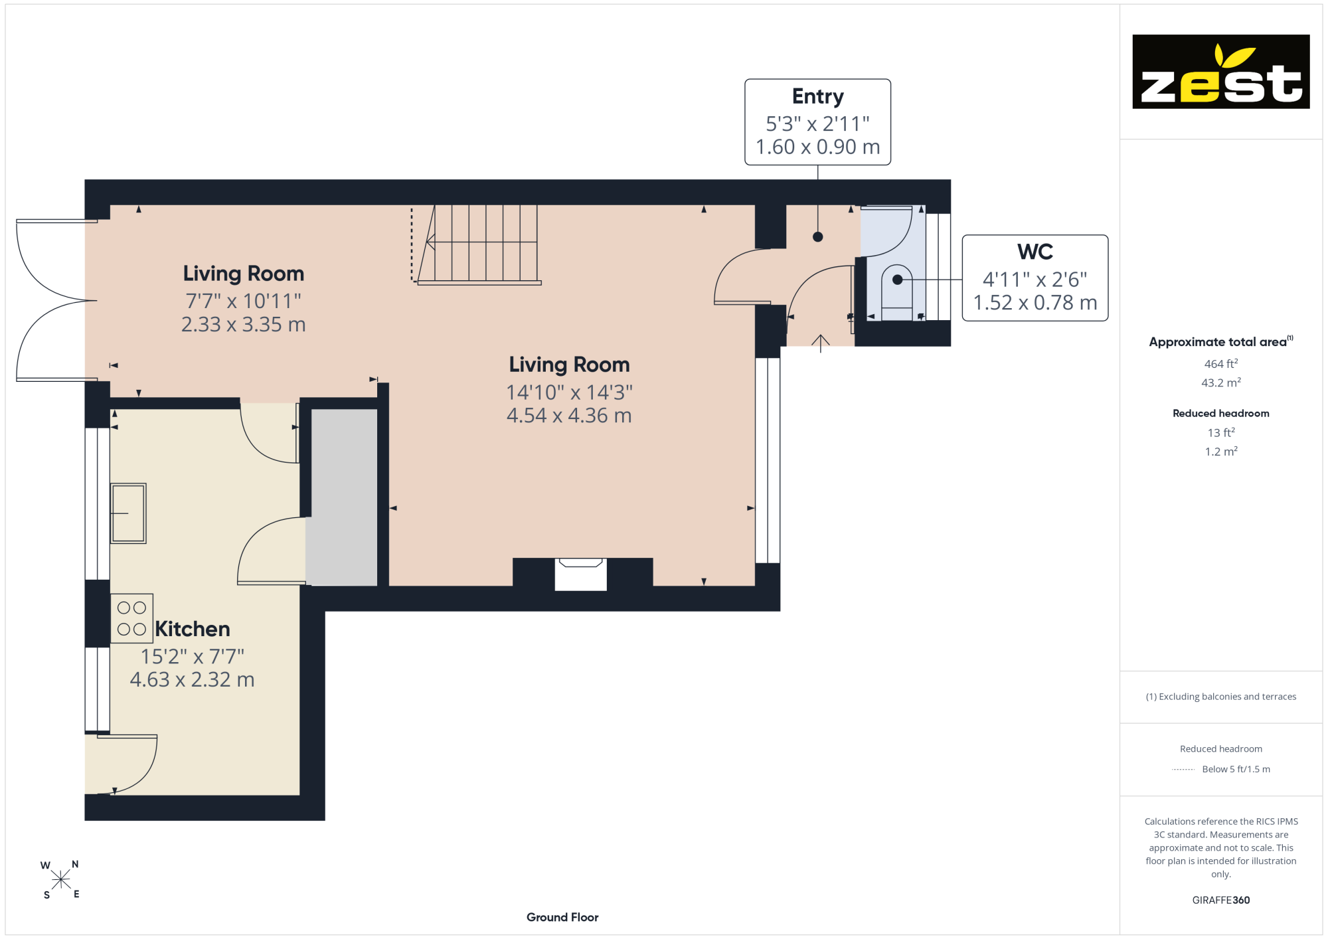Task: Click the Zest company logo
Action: pos(1220,72)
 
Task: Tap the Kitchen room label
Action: pos(193,629)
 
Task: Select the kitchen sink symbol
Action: pos(128,513)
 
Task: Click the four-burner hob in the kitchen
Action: pos(131,618)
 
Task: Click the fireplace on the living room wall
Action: pos(581,574)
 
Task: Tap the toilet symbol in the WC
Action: pos(897,293)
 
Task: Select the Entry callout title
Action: pos(818,96)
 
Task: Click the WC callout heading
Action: pos(1035,252)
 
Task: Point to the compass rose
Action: pos(60,880)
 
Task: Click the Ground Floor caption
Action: pos(562,917)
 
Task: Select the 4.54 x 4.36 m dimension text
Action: pos(569,416)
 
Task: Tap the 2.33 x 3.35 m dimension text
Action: pos(244,325)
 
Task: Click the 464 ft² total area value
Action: pos(1221,364)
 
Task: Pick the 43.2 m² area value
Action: pos(1221,383)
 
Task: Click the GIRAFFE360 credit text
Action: pos(1221,900)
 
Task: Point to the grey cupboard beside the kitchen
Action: pos(344,497)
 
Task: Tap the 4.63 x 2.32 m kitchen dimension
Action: pos(193,680)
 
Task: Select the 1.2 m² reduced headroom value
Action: pos(1221,452)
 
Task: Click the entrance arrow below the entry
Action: pos(821,343)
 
